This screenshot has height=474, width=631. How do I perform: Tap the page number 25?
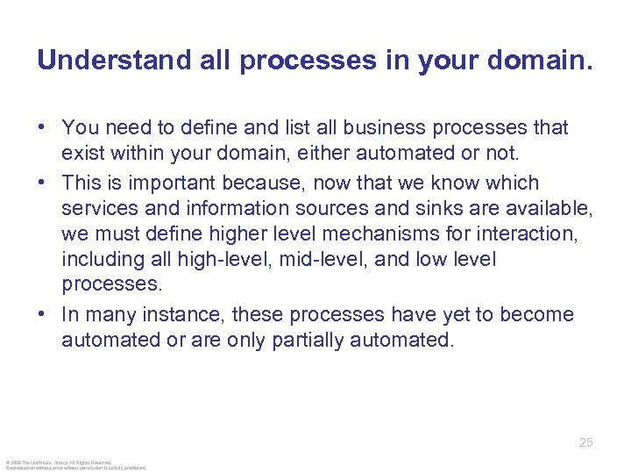[586, 442]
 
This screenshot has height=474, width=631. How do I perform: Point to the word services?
[96, 209]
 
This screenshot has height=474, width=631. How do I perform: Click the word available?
[551, 209]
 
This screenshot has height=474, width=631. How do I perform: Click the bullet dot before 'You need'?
[42, 128]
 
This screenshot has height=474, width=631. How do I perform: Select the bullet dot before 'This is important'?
[42, 183]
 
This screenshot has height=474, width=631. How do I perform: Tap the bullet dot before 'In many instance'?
[42, 315]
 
